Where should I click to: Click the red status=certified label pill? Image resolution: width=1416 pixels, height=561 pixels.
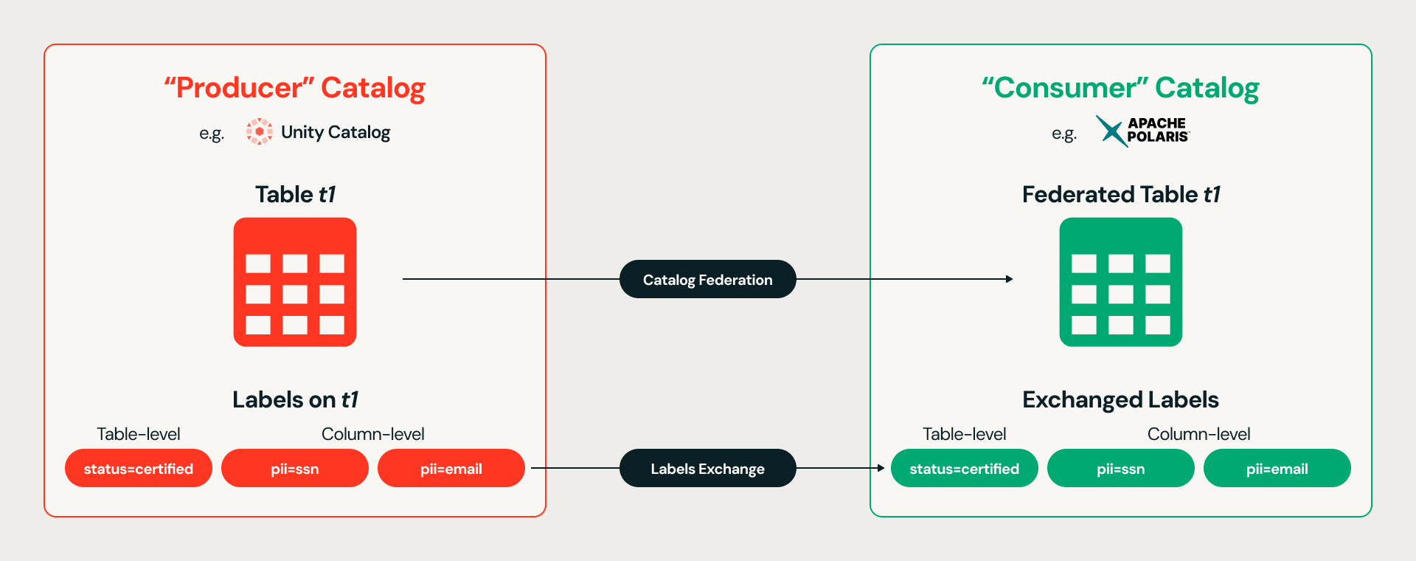(139, 468)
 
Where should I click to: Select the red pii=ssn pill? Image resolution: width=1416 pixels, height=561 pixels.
(295, 468)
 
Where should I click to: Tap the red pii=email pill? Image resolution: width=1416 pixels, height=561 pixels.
(451, 468)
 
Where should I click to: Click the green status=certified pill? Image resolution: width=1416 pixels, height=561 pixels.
(965, 468)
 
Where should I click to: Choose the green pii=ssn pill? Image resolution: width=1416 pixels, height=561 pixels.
(1121, 468)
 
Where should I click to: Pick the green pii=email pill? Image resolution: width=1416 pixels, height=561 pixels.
(1277, 468)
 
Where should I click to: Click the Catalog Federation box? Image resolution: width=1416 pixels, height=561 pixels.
(708, 279)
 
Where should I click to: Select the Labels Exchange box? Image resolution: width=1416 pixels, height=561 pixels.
(708, 468)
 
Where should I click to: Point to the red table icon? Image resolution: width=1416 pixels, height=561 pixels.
(295, 282)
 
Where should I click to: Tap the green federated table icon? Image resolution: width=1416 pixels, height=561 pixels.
(1121, 282)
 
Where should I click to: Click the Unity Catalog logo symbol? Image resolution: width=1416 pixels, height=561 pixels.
(260, 131)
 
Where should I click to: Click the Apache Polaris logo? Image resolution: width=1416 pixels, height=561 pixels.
(1142, 131)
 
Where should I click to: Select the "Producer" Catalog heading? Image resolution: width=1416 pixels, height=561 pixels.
(295, 88)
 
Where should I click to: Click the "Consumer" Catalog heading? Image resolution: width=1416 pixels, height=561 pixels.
(1121, 88)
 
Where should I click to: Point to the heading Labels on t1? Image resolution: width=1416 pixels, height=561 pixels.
(295, 399)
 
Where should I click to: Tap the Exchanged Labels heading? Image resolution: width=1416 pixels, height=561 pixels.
(1121, 400)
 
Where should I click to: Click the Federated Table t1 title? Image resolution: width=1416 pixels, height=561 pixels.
(1121, 194)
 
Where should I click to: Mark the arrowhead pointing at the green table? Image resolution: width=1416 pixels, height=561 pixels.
(1010, 279)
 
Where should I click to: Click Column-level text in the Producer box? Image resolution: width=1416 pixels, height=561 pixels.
(373, 434)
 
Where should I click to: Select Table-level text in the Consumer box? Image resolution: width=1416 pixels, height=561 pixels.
(965, 434)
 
